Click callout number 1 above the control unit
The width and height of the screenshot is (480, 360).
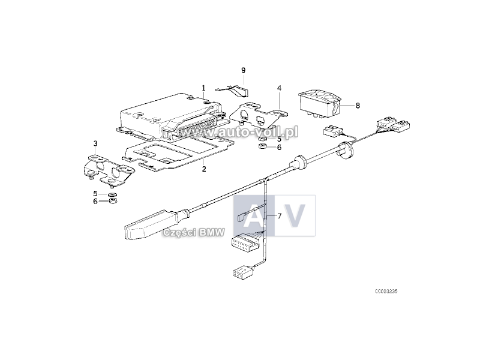[x=203, y=88]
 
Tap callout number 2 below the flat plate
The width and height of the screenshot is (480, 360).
[x=204, y=169]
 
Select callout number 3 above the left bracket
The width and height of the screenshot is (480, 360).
[x=95, y=143]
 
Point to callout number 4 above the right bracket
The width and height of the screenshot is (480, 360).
[x=279, y=88]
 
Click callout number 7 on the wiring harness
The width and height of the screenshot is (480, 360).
[x=279, y=216]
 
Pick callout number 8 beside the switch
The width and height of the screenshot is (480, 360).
[x=358, y=106]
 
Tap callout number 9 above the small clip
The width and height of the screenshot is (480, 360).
[x=244, y=70]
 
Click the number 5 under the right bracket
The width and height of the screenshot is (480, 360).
[x=279, y=139]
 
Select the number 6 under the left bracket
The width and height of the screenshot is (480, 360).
[x=95, y=202]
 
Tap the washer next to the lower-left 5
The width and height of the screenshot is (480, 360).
[x=113, y=194]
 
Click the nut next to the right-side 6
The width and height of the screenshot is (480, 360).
[x=263, y=146]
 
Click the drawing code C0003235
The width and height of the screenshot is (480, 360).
[x=386, y=292]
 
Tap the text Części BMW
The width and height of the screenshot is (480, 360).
[x=193, y=233]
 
